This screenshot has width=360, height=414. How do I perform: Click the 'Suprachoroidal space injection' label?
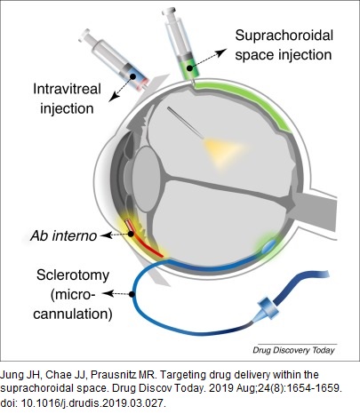(284, 45)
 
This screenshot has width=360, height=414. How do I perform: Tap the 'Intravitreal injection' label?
(67, 99)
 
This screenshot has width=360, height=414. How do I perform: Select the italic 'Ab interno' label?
(64, 235)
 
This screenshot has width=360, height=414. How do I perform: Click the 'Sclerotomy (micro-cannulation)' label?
(73, 294)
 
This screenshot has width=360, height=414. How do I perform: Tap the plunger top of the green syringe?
(169, 12)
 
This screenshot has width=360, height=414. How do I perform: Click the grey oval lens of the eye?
(147, 179)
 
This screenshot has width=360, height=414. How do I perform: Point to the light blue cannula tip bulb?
(268, 245)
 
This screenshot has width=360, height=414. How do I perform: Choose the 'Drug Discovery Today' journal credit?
(293, 350)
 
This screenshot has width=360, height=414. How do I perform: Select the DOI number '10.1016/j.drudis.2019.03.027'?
(92, 403)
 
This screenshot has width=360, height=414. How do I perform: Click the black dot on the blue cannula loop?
(132, 294)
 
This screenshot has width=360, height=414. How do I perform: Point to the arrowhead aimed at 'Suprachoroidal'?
(220, 52)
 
